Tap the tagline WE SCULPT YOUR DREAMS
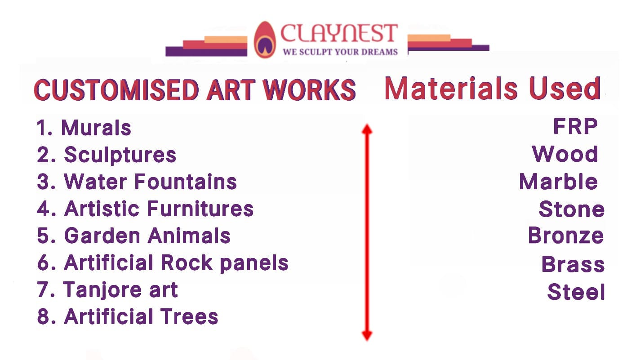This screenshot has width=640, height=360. coord(340,52)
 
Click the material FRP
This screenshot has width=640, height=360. coord(575,127)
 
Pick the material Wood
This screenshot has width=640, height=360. coord(565,155)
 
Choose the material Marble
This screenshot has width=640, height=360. coord(558,182)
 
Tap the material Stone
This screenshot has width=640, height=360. coord(572,209)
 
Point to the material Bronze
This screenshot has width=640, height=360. coord(566,236)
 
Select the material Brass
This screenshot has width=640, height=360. coord(573,264)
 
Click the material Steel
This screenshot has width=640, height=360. coord(576,292)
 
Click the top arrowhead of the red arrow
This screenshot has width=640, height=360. coord(367,129)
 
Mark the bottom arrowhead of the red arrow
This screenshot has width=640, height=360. coord(367,335)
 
